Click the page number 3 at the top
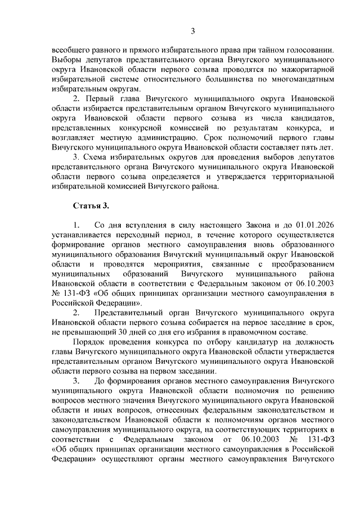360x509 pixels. click(192, 30)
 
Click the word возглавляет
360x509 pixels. click(75, 139)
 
